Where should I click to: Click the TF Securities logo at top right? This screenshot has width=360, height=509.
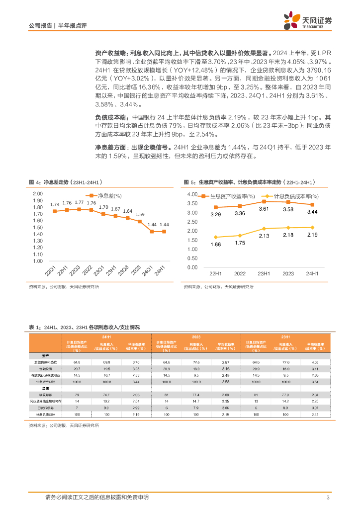308,21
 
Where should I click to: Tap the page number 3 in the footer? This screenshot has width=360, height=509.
328,498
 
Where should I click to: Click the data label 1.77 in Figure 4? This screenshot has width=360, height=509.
79,202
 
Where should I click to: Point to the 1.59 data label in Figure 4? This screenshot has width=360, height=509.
140,214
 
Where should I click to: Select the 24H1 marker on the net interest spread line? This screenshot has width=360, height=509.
164,231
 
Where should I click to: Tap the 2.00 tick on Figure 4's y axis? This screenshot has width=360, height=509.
38,194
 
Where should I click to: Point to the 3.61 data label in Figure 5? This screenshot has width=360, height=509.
264,209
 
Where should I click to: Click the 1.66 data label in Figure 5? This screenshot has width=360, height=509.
215,245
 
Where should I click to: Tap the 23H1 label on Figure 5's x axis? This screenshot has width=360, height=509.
264,274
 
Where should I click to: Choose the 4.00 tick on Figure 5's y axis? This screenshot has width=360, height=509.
192,194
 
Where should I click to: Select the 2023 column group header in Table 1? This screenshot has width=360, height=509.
196,337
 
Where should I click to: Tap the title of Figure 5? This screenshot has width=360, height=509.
250,182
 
